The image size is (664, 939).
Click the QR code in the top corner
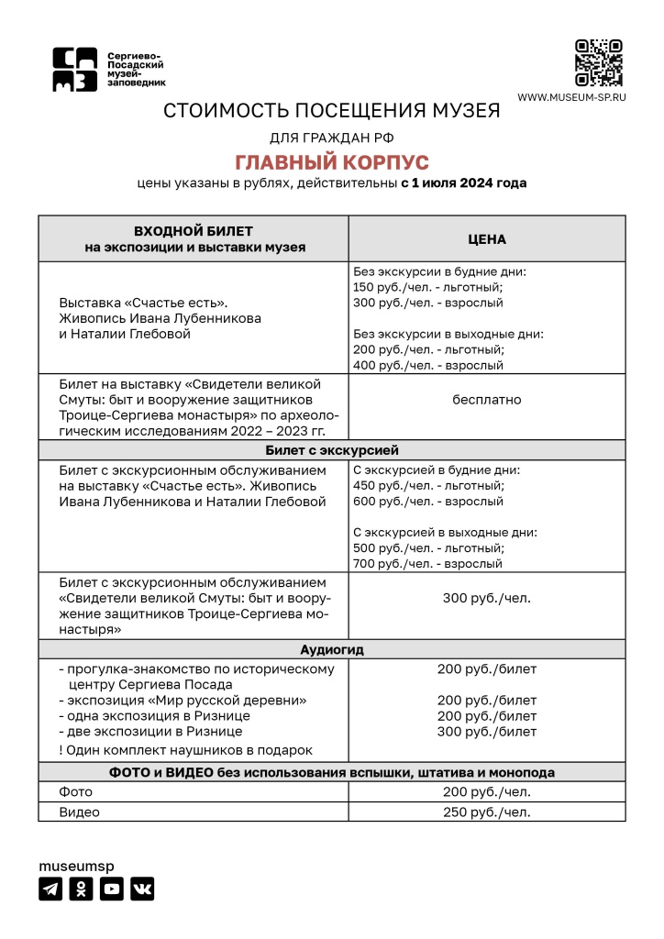(x=599, y=63)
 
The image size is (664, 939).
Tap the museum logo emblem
(x=74, y=70)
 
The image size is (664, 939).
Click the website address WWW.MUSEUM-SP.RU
(x=571, y=97)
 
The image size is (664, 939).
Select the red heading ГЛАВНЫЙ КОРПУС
(x=332, y=162)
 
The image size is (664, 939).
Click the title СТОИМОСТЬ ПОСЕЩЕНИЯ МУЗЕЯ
(x=332, y=112)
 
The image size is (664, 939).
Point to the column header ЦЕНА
(x=487, y=238)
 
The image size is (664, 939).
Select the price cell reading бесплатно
(x=487, y=400)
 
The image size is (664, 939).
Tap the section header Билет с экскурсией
(x=332, y=450)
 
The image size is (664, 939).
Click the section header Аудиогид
(x=332, y=649)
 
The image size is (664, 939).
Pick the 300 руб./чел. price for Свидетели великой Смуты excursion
(x=487, y=599)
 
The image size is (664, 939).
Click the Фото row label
(x=76, y=791)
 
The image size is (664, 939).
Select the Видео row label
(x=80, y=812)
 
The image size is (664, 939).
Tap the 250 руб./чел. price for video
(x=487, y=812)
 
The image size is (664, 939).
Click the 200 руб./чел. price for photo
(x=487, y=791)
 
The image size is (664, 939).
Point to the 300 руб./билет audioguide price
(x=487, y=732)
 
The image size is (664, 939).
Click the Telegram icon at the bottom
(x=50, y=889)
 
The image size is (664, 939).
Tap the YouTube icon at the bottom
(x=111, y=889)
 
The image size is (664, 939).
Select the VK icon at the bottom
(x=142, y=889)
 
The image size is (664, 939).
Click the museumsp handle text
(x=76, y=866)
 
